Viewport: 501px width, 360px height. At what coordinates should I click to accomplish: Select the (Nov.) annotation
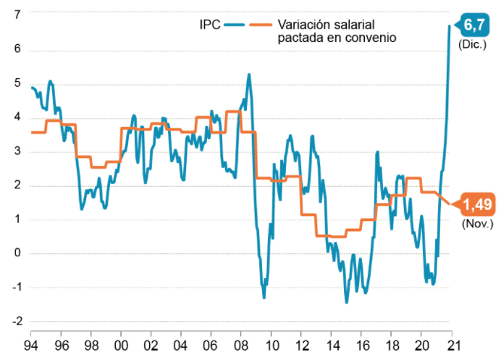coord(477,224)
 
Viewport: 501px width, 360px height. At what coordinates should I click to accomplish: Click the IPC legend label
coord(210,25)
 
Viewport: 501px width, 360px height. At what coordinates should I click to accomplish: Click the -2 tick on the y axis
coord(16,321)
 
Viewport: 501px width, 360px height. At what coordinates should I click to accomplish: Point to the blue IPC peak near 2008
coord(249,74)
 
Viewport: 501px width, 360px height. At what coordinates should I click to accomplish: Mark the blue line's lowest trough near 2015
coord(346,302)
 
